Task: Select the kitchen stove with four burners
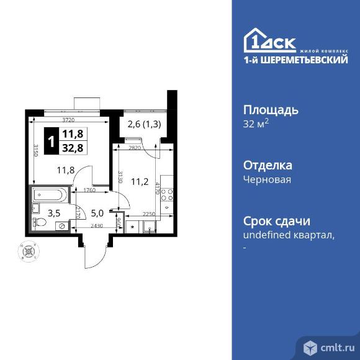click(x=166, y=197)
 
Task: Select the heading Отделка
click(x=267, y=166)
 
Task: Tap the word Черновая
click(x=266, y=180)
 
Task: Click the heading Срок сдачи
click(x=276, y=222)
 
